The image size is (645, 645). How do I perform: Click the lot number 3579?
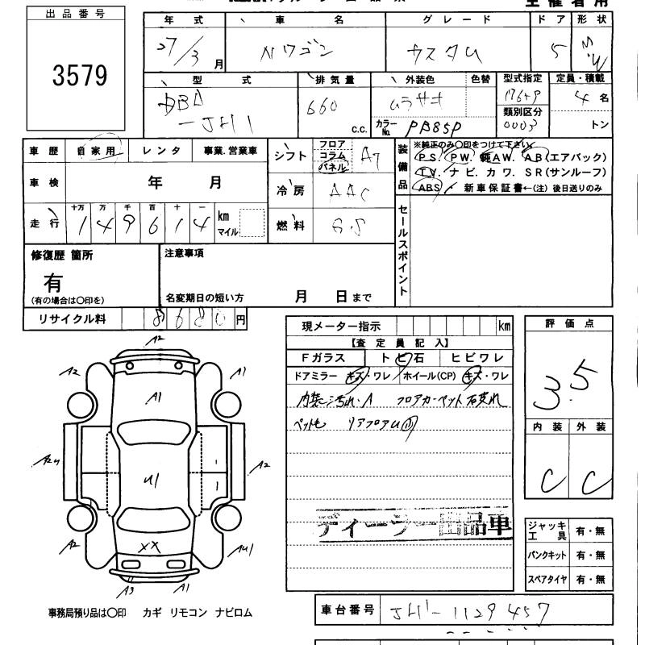click(x=79, y=76)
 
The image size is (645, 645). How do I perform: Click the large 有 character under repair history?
click(x=53, y=282)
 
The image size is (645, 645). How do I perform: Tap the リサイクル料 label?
click(x=73, y=319)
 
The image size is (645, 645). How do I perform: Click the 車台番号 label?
click(x=345, y=610)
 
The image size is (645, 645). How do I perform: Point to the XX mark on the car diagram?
click(x=148, y=547)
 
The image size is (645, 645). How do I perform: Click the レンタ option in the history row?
click(x=161, y=150)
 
